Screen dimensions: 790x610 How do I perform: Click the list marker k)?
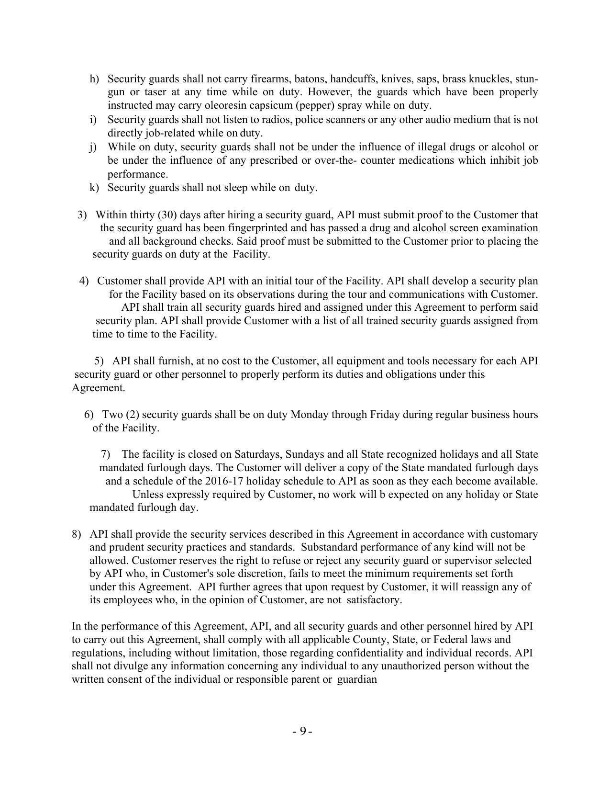pos(94,187)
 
